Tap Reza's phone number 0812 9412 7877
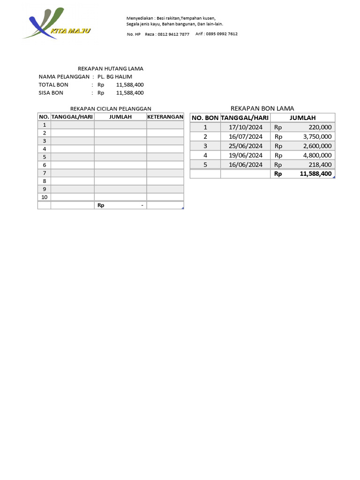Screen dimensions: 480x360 tap(173, 34)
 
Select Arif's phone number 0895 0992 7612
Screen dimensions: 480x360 tap(223, 34)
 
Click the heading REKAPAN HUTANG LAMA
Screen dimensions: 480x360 tap(110, 68)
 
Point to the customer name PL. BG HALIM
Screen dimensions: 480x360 tap(115, 76)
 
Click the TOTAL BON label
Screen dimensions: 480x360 tap(53, 84)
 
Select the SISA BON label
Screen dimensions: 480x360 tap(51, 93)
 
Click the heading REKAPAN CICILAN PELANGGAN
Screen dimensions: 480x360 tap(111, 108)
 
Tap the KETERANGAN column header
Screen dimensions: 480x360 tap(165, 116)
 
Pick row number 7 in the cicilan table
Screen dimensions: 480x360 tap(45, 172)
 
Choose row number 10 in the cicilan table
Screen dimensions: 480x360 tap(45, 197)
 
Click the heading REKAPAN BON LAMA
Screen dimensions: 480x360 tap(262, 108)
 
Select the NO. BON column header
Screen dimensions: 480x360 tap(205, 118)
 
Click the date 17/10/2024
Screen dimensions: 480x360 tap(245, 127)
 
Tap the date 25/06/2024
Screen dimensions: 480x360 tap(245, 146)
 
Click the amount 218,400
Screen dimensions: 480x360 tap(318, 165)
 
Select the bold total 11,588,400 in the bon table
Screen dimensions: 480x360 tap(315, 173)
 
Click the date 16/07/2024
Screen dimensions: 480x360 tap(245, 136)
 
